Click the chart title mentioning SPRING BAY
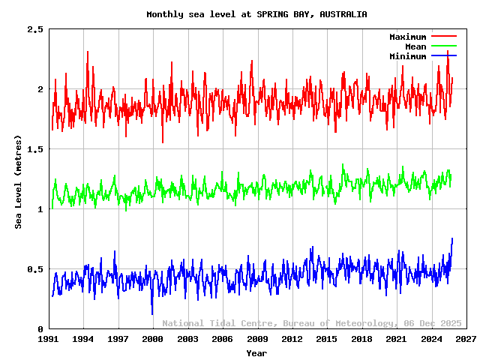pos(256,14)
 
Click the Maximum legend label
pos(407,37)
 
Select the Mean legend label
pos(415,46)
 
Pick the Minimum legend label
pos(407,56)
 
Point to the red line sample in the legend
pos(443,36)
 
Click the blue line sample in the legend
pos(443,55)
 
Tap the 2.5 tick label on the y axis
pos(34,29)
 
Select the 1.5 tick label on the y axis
pos(34,149)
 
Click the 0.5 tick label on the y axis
pos(34,269)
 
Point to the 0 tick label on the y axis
pos(40,329)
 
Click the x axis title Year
pos(256,352)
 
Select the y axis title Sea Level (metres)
pos(18,182)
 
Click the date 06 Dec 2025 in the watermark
pos(430,323)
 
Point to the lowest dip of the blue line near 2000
pos(152,314)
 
